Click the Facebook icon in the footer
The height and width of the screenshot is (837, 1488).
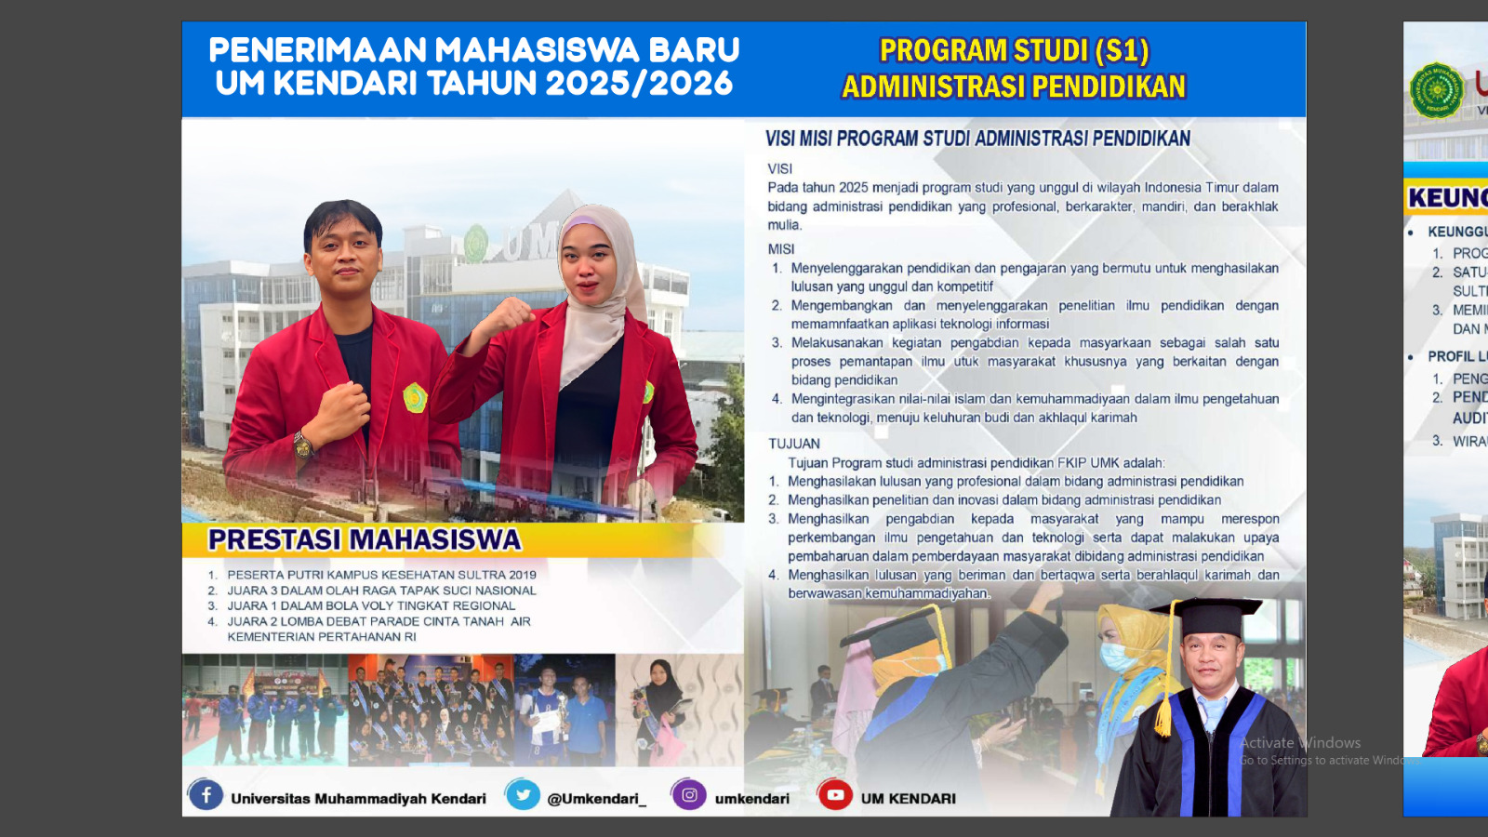pyautogui.click(x=206, y=795)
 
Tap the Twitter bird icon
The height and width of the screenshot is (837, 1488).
pyautogui.click(x=523, y=795)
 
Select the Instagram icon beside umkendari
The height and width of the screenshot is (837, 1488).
pyautogui.click(x=689, y=795)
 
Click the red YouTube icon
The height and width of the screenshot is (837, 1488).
pyautogui.click(x=835, y=795)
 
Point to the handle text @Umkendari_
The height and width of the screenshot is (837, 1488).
pyautogui.click(x=596, y=799)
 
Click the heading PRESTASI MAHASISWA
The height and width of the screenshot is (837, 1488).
pyautogui.click(x=365, y=540)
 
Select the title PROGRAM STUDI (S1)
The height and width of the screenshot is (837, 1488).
pyautogui.click(x=1014, y=50)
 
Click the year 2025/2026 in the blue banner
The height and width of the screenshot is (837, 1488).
pyautogui.click(x=639, y=84)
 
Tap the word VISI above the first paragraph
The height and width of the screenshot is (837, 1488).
pyautogui.click(x=779, y=169)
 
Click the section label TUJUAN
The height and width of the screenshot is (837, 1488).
pyautogui.click(x=793, y=444)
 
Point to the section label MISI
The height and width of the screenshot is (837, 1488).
pyautogui.click(x=781, y=249)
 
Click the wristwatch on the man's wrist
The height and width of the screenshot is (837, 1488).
pyautogui.click(x=303, y=443)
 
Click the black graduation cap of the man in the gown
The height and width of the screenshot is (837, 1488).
pyautogui.click(x=1207, y=614)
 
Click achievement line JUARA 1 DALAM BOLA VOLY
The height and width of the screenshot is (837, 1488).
pyautogui.click(x=371, y=606)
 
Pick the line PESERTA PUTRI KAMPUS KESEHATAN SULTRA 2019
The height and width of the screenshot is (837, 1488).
pyautogui.click(x=381, y=575)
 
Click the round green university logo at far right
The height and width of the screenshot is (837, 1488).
pyautogui.click(x=1437, y=90)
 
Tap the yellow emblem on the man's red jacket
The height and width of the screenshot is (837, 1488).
pyautogui.click(x=414, y=398)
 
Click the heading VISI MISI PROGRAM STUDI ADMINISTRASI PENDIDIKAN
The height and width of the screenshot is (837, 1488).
pyautogui.click(x=977, y=139)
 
